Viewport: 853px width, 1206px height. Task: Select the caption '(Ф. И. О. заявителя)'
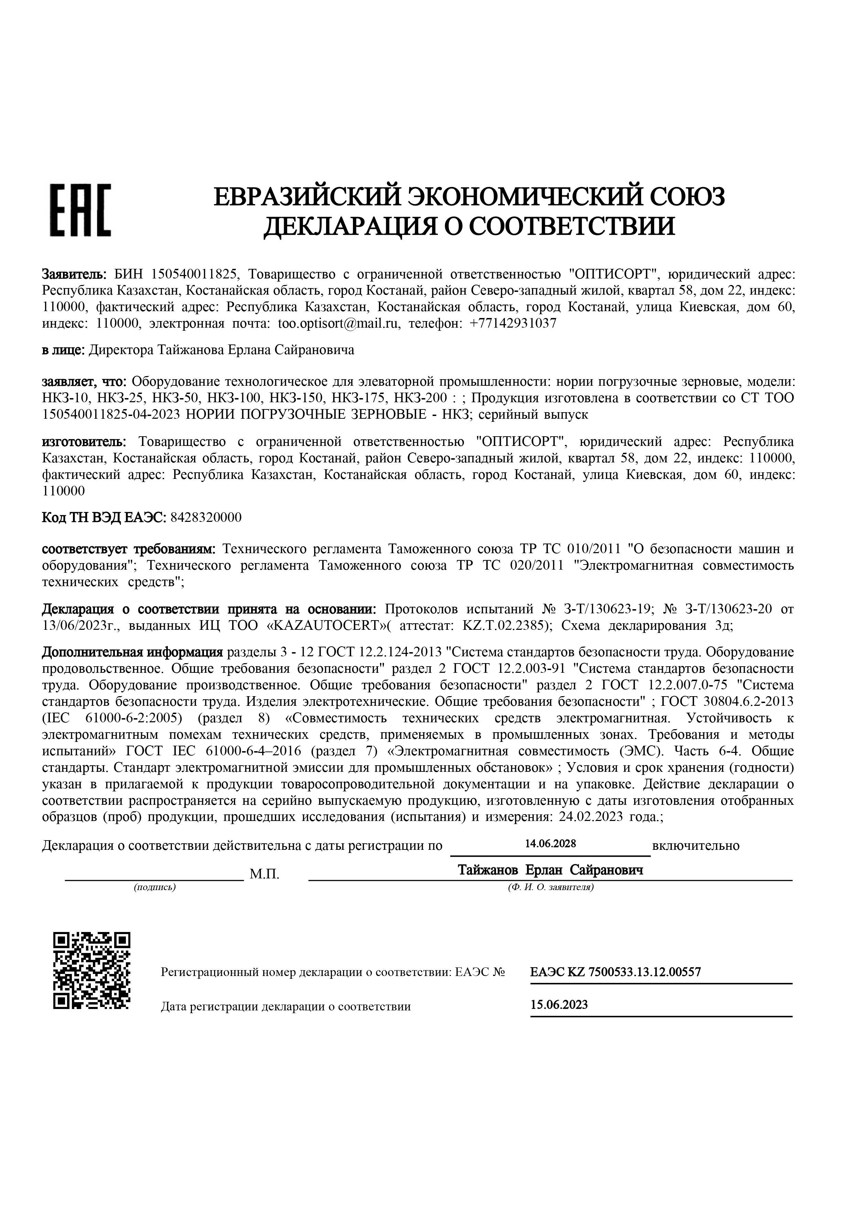(x=551, y=888)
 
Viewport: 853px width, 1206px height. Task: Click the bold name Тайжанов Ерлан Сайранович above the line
(x=550, y=870)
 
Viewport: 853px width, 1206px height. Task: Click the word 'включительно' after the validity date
(x=695, y=846)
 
